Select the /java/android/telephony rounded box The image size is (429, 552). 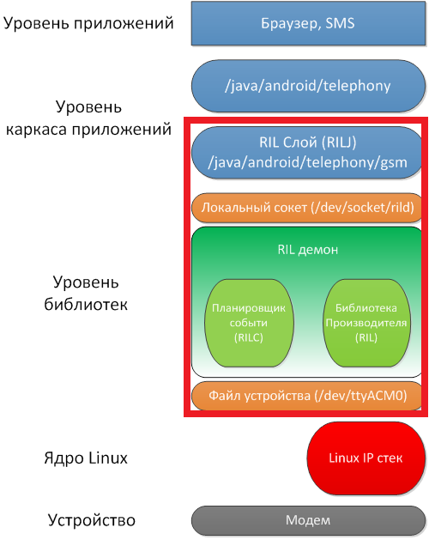(x=307, y=85)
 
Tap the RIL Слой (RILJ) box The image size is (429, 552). (x=307, y=152)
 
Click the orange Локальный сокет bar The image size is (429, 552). (x=307, y=207)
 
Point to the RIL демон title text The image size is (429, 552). (x=307, y=250)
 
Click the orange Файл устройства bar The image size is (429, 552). (x=307, y=396)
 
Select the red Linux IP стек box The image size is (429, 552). (x=366, y=457)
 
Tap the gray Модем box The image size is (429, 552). (x=307, y=520)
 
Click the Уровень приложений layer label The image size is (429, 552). (x=89, y=23)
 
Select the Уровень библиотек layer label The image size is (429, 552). (x=89, y=293)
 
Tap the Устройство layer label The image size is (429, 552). (x=89, y=520)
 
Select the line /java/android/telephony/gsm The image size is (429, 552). (x=307, y=161)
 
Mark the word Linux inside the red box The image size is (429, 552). (x=344, y=457)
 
